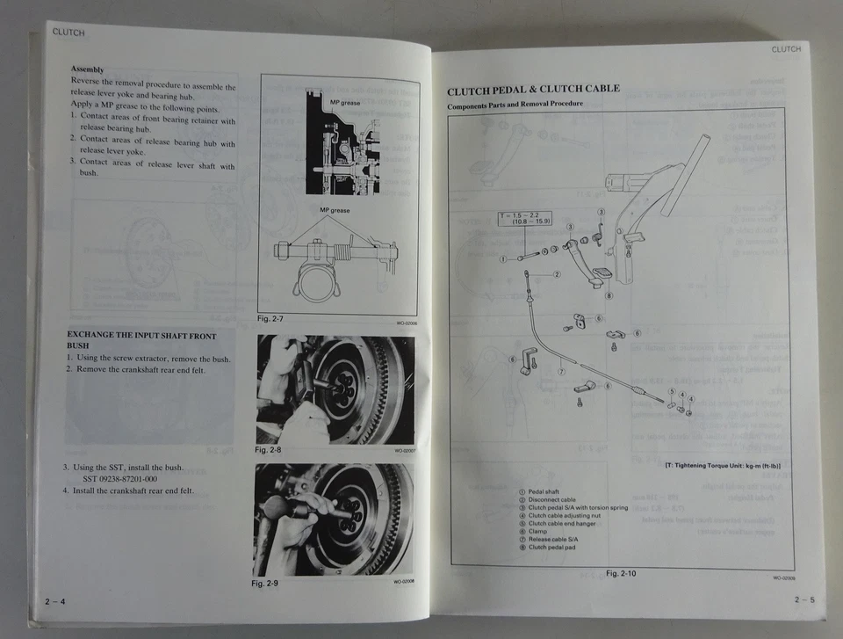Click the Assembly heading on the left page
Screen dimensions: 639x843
point(87,69)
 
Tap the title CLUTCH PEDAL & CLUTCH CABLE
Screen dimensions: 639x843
point(533,90)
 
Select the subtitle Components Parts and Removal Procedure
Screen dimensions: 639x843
point(515,105)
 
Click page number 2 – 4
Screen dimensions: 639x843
point(56,601)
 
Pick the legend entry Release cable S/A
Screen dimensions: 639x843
point(558,540)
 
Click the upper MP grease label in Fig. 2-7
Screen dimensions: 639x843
point(345,104)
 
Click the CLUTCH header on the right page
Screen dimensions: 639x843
point(786,49)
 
